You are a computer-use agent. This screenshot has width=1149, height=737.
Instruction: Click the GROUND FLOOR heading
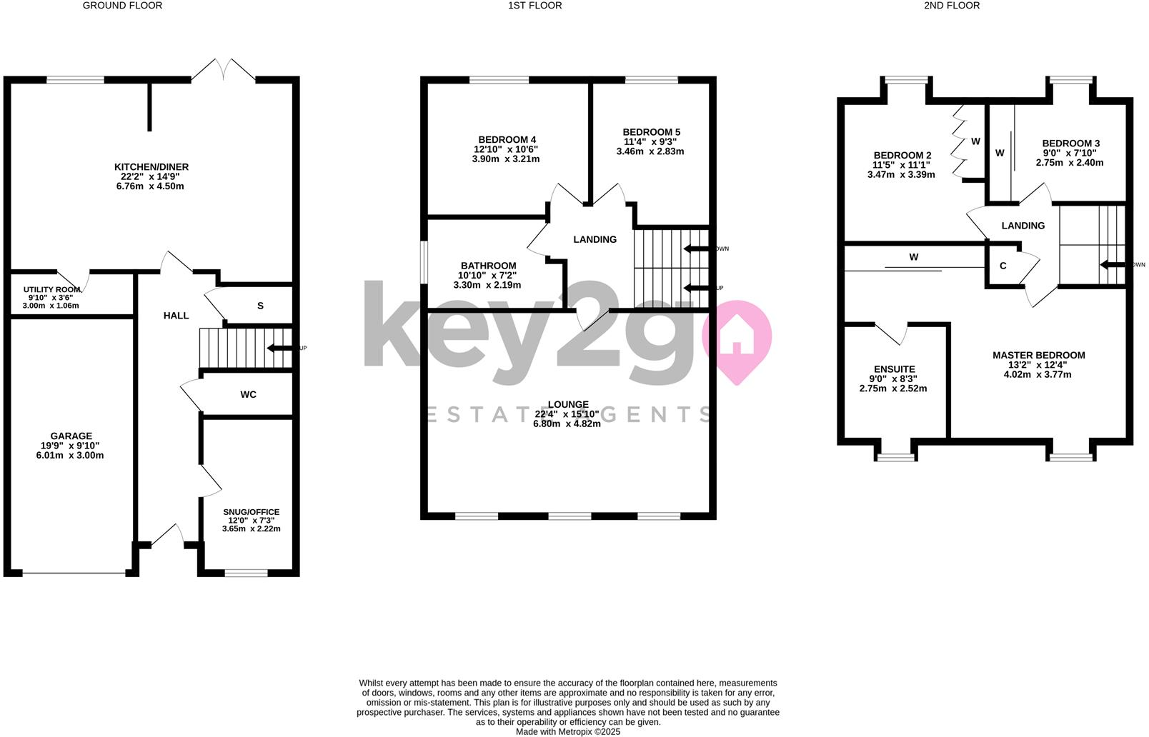[122, 6]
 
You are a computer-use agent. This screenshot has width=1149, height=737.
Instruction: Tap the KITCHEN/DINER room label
[151, 167]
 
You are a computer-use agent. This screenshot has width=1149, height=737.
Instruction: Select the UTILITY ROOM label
[51, 289]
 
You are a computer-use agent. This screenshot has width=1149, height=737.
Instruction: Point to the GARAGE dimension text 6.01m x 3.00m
[70, 455]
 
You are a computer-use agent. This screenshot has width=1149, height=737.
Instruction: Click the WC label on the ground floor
[248, 394]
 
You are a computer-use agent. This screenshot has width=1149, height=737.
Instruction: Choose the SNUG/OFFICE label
[251, 512]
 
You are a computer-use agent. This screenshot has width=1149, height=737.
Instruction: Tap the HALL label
[176, 316]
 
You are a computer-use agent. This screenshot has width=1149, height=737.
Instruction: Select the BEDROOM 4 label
[507, 139]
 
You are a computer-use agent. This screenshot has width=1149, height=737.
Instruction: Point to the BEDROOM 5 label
[651, 132]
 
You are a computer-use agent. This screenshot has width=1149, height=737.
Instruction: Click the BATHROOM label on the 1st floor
[488, 266]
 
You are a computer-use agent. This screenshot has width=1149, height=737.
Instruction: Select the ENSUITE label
[893, 369]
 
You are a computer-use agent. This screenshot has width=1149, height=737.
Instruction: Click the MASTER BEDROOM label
[1038, 355]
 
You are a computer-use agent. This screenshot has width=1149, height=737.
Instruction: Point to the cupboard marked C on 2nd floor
[1003, 266]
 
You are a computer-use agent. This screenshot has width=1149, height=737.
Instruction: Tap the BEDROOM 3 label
[1070, 144]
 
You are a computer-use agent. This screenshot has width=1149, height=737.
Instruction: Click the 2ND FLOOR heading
[952, 6]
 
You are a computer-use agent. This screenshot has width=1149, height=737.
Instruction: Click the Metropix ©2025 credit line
[568, 731]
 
